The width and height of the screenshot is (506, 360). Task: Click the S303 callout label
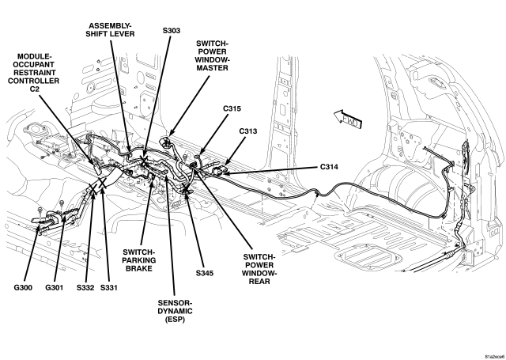click(172, 31)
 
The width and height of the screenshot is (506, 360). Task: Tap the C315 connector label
click(232, 109)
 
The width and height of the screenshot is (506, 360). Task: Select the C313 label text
click(248, 131)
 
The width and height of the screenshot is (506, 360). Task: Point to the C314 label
click(329, 167)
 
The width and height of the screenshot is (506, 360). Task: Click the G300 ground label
click(23, 287)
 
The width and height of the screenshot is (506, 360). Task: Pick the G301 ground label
click(55, 287)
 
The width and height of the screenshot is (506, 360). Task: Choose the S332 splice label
click(85, 287)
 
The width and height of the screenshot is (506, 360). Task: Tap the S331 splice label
click(109, 287)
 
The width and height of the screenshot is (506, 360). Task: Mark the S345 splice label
click(205, 273)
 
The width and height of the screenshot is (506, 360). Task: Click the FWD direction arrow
click(347, 119)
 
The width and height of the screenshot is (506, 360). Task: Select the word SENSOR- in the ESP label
click(175, 303)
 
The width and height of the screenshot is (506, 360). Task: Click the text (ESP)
click(175, 320)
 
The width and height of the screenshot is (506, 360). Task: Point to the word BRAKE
click(139, 268)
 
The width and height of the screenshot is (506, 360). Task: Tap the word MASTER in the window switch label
click(212, 68)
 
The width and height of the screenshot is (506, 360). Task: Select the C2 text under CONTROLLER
click(33, 89)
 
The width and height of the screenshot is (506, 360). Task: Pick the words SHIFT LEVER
click(110, 34)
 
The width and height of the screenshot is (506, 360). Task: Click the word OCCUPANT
click(33, 64)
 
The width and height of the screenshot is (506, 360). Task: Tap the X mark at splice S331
click(102, 184)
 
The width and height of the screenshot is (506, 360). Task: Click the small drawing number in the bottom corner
click(495, 357)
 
